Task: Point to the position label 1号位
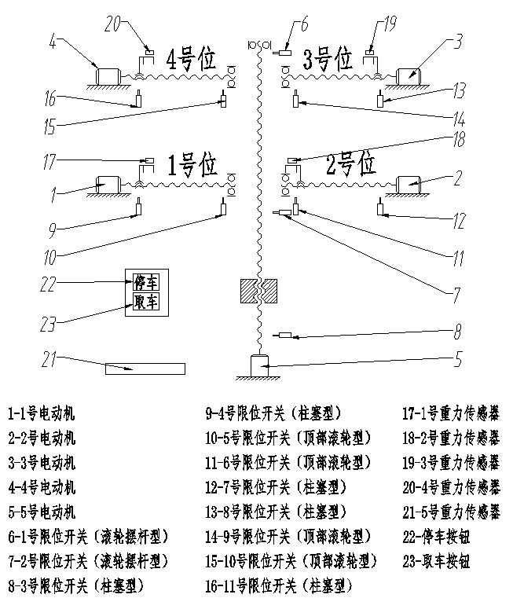pyautogui.click(x=192, y=165)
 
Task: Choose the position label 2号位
pyautogui.click(x=351, y=165)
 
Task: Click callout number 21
pyautogui.click(x=49, y=358)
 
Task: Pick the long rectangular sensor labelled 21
pyautogui.click(x=145, y=369)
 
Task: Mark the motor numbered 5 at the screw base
pyautogui.click(x=258, y=366)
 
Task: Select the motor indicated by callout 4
pyautogui.click(x=105, y=75)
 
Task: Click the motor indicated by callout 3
pyautogui.click(x=408, y=75)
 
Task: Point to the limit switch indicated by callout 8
pyautogui.click(x=284, y=336)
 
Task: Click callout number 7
pyautogui.click(x=454, y=297)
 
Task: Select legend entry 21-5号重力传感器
pyautogui.click(x=451, y=514)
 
